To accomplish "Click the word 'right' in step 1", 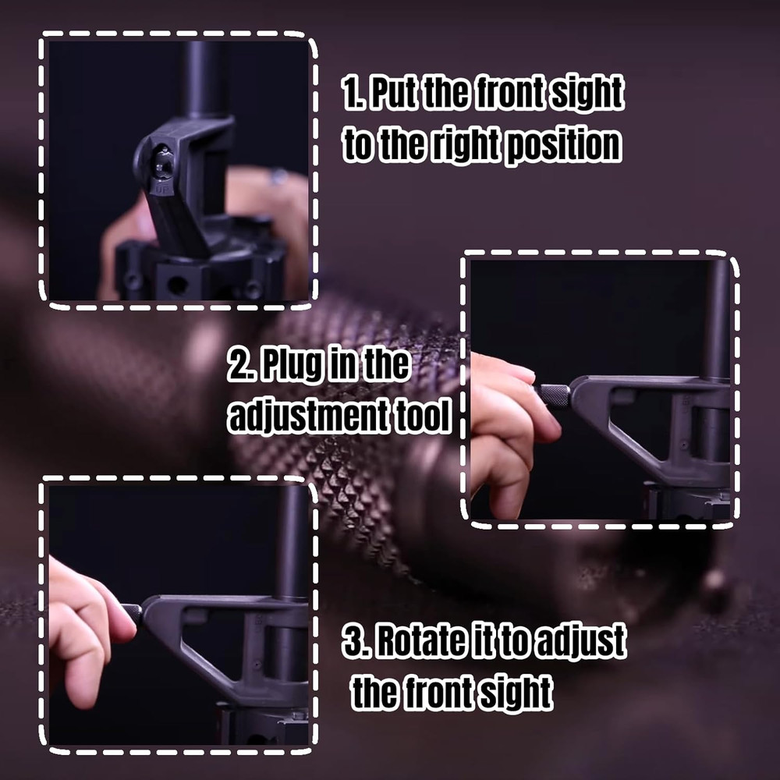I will [444, 146].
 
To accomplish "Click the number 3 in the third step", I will [353, 641].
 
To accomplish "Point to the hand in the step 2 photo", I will [507, 429].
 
